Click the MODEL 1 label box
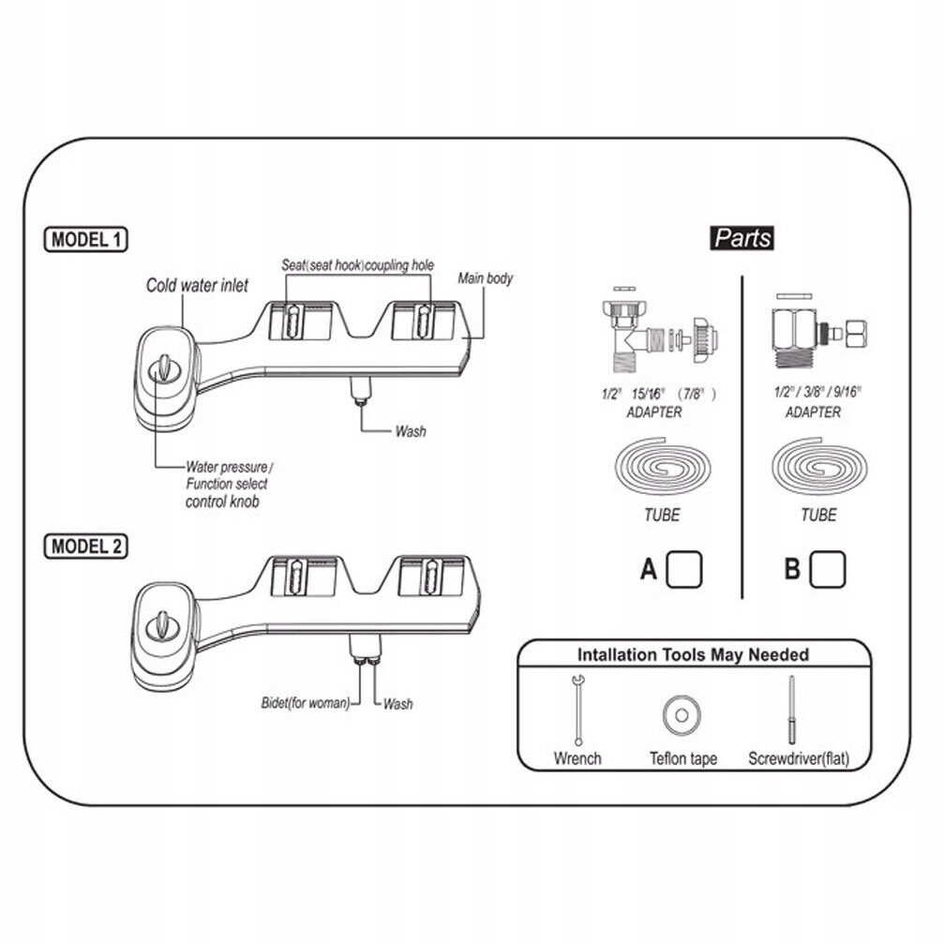tap(85, 239)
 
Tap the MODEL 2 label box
tap(85, 546)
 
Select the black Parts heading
tap(742, 237)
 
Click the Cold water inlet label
tap(197, 285)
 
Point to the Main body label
tap(485, 278)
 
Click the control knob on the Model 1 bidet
tap(163, 367)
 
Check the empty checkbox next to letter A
tap(685, 567)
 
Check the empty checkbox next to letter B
tap(828, 567)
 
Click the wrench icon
tap(577, 709)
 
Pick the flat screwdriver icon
tap(792, 711)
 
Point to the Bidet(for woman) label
tap(305, 703)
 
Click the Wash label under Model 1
tap(410, 431)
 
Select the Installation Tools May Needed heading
tap(693, 654)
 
